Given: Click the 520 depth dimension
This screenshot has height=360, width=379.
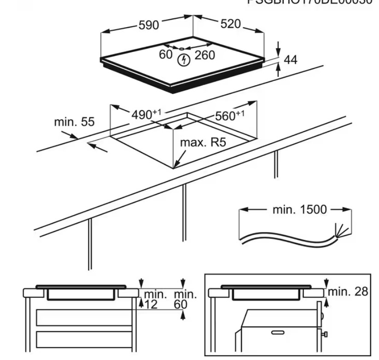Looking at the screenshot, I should (230, 23).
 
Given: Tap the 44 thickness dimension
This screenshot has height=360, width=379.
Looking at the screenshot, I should (291, 59).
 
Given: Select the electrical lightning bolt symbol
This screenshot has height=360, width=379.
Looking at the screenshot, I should (185, 59).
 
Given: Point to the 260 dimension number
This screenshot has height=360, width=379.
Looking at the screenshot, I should (204, 55).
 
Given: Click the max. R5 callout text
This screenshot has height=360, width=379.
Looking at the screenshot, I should (203, 142).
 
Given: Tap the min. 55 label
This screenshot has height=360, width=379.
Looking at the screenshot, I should (74, 122).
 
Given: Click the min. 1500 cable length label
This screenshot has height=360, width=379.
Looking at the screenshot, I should (299, 210).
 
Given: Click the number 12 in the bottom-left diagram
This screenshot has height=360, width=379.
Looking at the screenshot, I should (151, 304).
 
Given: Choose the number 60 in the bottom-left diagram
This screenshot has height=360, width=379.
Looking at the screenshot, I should (181, 304).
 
